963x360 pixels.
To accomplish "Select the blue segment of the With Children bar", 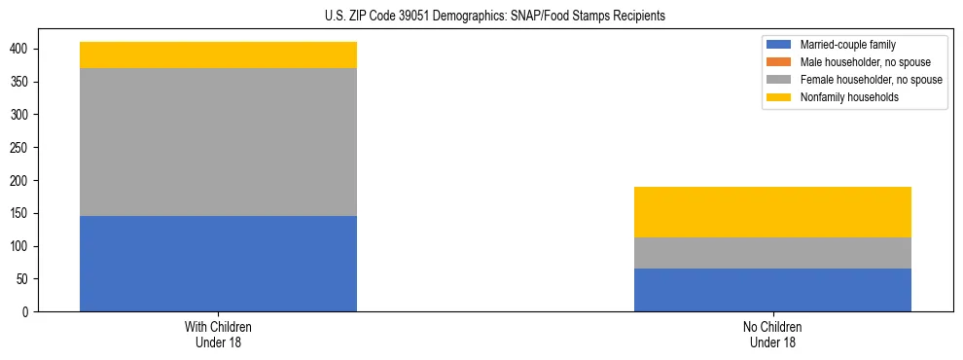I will (x=218, y=264).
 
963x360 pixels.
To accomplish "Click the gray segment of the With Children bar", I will (x=218, y=142).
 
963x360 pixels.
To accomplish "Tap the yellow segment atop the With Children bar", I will (x=218, y=54).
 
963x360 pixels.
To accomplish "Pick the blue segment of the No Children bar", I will (x=772, y=290).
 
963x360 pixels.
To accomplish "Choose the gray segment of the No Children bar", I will (x=772, y=253).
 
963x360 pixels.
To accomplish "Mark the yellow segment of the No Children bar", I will (x=772, y=212).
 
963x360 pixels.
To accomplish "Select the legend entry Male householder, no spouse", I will (x=864, y=62).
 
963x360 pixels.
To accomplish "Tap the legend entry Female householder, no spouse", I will (x=871, y=80).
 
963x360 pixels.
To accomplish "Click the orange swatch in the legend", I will (x=779, y=62).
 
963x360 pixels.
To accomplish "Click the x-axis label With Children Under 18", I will (x=218, y=335).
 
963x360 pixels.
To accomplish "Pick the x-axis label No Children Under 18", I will (x=772, y=335).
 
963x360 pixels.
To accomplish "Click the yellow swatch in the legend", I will (x=779, y=97).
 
